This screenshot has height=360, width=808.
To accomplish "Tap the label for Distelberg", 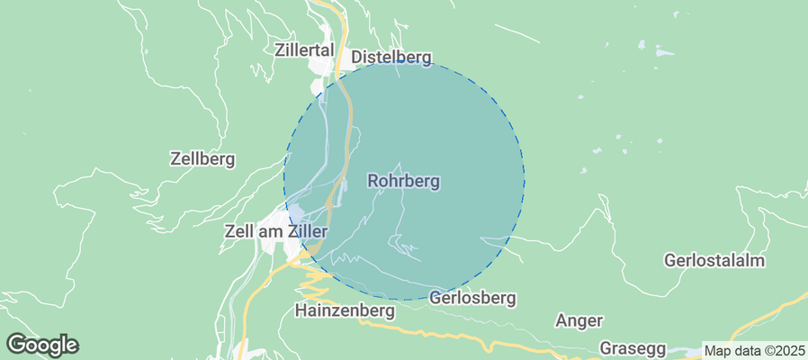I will pyautogui.click(x=391, y=57).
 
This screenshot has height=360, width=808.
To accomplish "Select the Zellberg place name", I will pyautogui.click(x=202, y=159).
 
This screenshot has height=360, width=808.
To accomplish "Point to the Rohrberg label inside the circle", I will pyautogui.click(x=404, y=181).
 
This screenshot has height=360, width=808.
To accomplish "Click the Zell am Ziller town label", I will pyautogui.click(x=274, y=231).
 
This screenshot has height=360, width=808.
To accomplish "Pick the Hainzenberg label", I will pyautogui.click(x=346, y=310).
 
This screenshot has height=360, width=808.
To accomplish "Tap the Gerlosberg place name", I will pyautogui.click(x=472, y=297).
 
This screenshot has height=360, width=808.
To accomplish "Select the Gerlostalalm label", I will pyautogui.click(x=714, y=261).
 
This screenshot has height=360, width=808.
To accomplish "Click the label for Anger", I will pyautogui.click(x=579, y=320).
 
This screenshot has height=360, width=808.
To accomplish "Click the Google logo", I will pyautogui.click(x=42, y=344).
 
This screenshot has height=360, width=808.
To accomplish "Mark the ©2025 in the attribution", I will pyautogui.click(x=785, y=351).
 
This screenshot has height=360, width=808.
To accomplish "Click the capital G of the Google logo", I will pyautogui.click(x=16, y=344).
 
